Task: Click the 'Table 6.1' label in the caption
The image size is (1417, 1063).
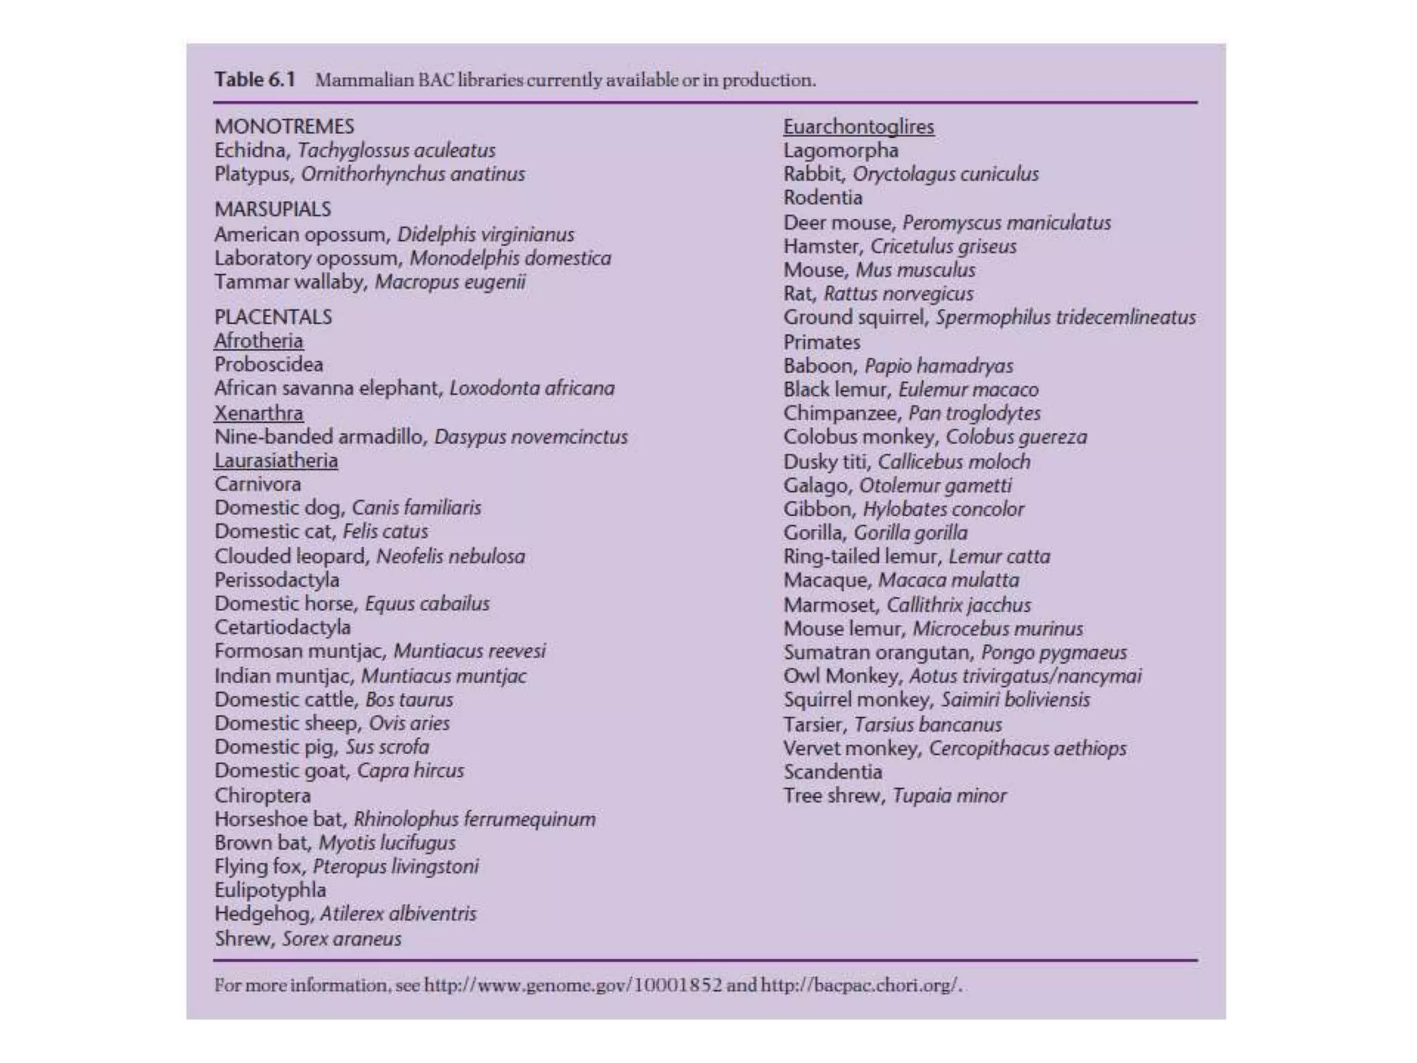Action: pyautogui.click(x=254, y=80)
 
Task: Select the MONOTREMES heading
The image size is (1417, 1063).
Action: pyautogui.click(x=284, y=127)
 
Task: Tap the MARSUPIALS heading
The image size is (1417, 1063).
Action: pyautogui.click(x=273, y=209)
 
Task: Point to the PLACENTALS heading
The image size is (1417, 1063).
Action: pyautogui.click(x=273, y=317)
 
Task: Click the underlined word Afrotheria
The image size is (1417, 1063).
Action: pyautogui.click(x=258, y=341)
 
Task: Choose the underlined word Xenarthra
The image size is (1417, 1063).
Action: pyautogui.click(x=258, y=413)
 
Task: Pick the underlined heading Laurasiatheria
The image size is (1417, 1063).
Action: pyautogui.click(x=276, y=460)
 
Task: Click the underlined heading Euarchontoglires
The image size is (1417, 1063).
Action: pyautogui.click(x=858, y=127)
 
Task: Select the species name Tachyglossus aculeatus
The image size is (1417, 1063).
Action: pyautogui.click(x=396, y=150)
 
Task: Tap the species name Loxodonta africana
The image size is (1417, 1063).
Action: pyautogui.click(x=531, y=388)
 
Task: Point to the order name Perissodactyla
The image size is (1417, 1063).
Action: pyautogui.click(x=277, y=580)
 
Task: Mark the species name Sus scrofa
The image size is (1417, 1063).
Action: pyautogui.click(x=387, y=747)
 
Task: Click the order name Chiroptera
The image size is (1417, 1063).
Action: pyautogui.click(x=262, y=795)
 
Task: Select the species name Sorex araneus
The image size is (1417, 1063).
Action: pyautogui.click(x=341, y=939)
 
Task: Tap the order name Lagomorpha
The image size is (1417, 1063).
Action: pyautogui.click(x=841, y=150)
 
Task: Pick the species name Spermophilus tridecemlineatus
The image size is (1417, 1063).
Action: pyautogui.click(x=1066, y=318)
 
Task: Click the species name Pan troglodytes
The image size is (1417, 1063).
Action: pyautogui.click(x=974, y=413)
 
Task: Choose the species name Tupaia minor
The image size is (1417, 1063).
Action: pyautogui.click(x=949, y=796)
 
